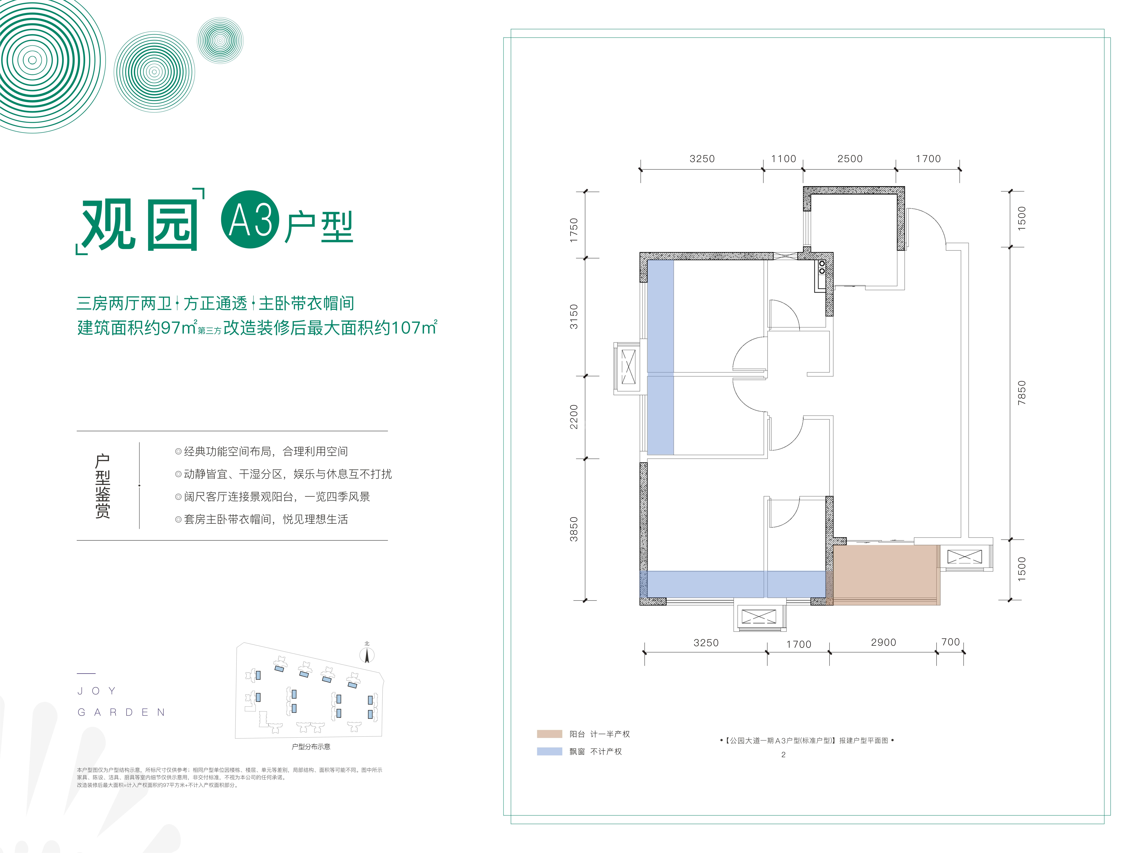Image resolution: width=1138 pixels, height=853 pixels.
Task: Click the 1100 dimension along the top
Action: [783, 159]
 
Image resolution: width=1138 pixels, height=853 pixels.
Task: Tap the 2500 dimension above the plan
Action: [850, 159]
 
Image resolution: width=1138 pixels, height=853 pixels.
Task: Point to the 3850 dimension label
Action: [574, 529]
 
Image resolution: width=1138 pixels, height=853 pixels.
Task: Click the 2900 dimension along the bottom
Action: [883, 642]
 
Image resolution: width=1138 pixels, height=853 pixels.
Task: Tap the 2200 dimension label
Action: [574, 417]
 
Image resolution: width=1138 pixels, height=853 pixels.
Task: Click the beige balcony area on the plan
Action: [886, 574]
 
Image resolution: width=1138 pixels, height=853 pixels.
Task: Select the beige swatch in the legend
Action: [549, 734]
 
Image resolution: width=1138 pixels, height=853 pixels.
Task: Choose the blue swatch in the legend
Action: [549, 751]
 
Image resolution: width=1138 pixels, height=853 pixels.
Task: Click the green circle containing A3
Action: [250, 220]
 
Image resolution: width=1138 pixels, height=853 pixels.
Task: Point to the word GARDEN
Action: [121, 712]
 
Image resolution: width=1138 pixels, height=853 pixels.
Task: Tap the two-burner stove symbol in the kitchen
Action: [822, 267]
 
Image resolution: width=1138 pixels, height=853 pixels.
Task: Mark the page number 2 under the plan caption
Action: [783, 755]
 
